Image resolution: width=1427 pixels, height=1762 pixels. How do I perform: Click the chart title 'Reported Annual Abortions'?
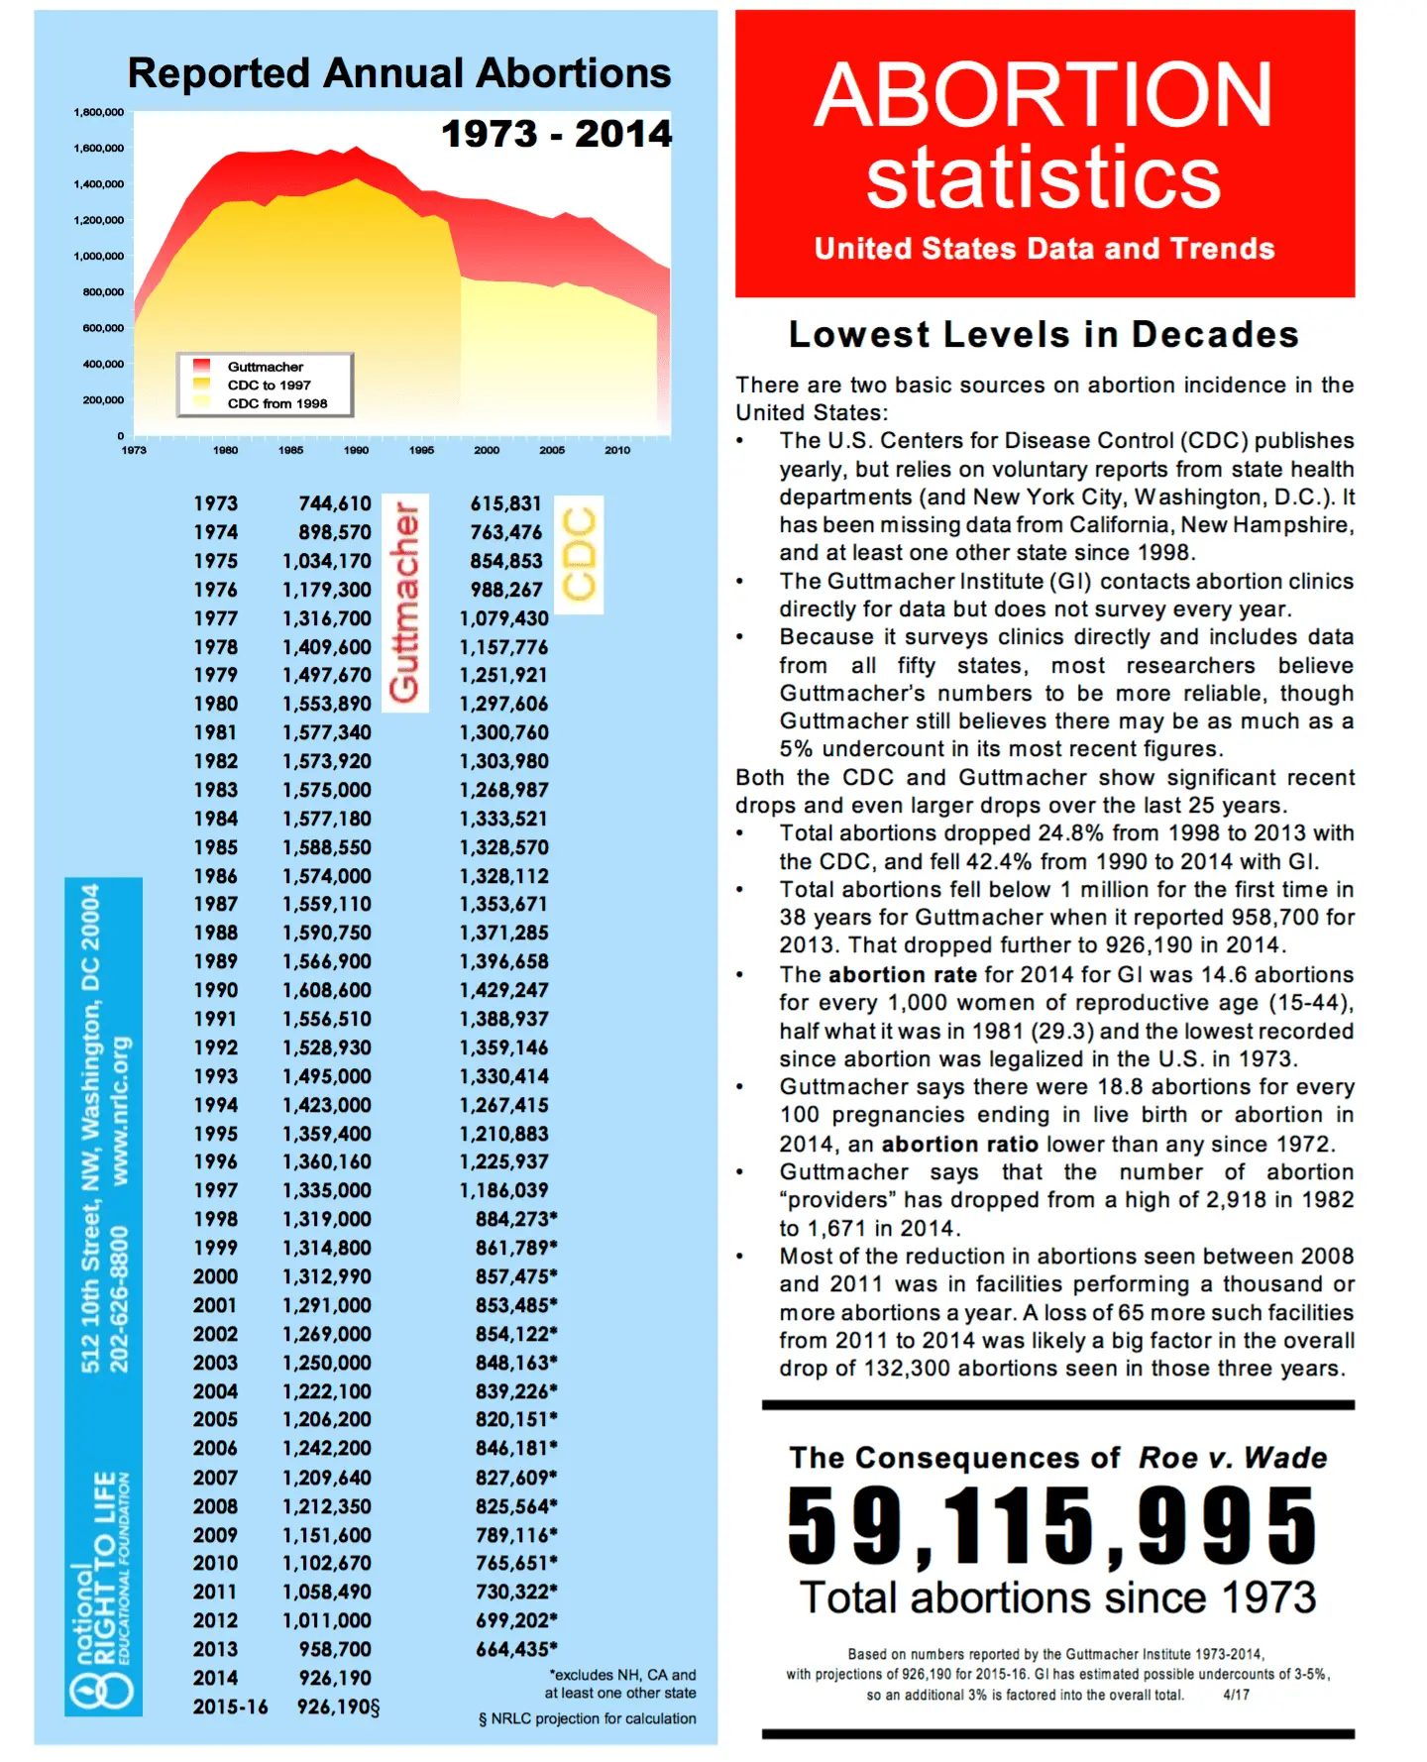(399, 73)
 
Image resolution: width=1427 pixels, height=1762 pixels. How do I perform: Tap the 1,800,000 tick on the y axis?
(98, 112)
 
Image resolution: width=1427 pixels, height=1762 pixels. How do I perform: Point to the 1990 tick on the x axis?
(356, 450)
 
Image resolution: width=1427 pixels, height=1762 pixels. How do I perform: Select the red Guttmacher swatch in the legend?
(202, 366)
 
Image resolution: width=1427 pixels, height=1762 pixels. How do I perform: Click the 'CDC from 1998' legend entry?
(277, 403)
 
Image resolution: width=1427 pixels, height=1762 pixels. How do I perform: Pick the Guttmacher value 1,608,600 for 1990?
(327, 990)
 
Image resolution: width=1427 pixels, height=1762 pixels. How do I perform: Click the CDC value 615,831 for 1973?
(505, 503)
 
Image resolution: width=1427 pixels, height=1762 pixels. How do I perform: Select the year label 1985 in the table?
(215, 847)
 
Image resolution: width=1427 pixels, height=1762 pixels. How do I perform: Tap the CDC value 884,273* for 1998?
(515, 1219)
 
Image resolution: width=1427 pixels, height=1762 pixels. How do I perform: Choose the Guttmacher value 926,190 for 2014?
(335, 1678)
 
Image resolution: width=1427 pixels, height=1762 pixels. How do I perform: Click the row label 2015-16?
(230, 1707)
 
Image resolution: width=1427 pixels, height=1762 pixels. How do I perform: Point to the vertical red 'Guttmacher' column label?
(404, 603)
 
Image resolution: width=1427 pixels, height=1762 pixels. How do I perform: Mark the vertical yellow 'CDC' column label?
(579, 555)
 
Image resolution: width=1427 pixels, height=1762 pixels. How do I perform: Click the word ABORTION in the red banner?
(1043, 95)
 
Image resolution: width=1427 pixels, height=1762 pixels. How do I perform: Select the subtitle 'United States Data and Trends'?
(1044, 248)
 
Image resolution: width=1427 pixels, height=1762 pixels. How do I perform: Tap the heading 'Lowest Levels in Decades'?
(1043, 335)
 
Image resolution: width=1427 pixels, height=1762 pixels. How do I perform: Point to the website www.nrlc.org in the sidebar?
(121, 1110)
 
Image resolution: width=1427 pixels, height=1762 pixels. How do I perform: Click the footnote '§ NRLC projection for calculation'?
(587, 1718)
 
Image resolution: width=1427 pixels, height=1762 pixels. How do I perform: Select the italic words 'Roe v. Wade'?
(1233, 1458)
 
